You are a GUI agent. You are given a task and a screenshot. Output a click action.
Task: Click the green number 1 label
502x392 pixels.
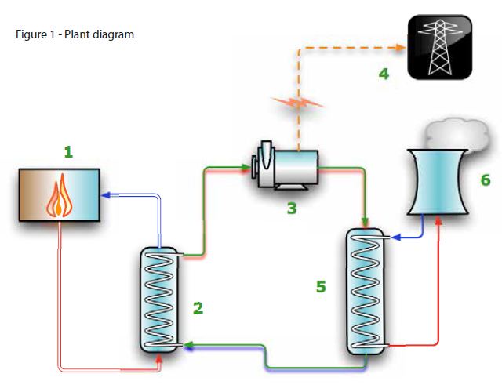pyautogui.click(x=68, y=152)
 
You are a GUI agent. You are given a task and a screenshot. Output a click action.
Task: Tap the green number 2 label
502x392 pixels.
pyautogui.click(x=198, y=307)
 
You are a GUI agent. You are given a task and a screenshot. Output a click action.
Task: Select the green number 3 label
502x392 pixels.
pyautogui.click(x=291, y=209)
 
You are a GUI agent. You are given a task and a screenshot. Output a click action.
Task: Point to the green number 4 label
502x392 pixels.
pyautogui.click(x=383, y=74)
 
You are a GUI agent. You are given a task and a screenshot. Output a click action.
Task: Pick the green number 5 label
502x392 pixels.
pyautogui.click(x=321, y=287)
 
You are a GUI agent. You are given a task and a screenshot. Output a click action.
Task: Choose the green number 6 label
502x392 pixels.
pyautogui.click(x=486, y=180)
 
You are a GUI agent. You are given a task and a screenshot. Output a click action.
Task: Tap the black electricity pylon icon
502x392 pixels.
pyautogui.click(x=440, y=46)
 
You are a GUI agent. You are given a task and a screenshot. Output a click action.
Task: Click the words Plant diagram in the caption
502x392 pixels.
pyautogui.click(x=104, y=34)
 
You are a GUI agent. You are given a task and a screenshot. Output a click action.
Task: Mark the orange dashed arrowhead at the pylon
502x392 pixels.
pyautogui.click(x=401, y=47)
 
